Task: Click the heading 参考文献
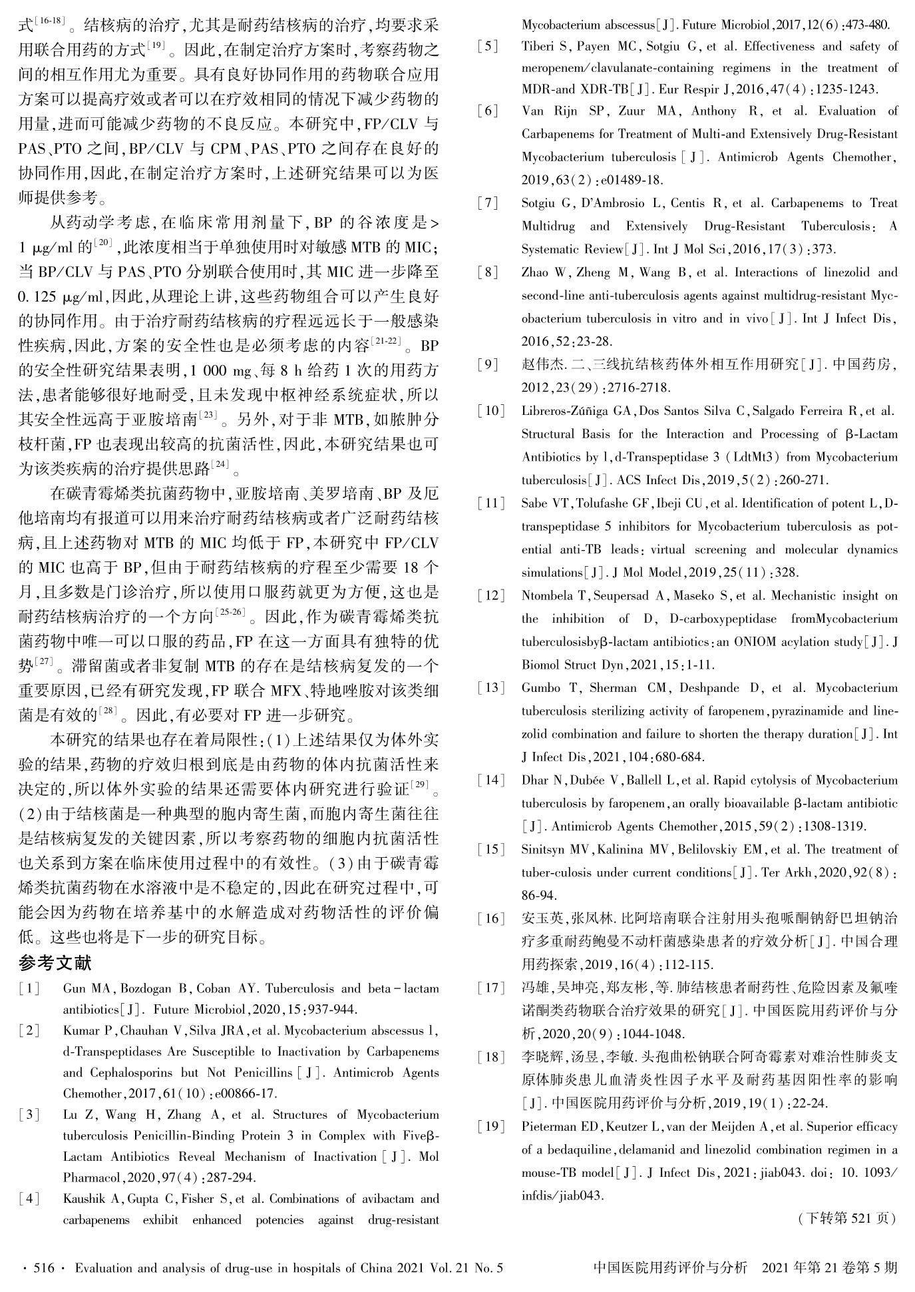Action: tap(55, 962)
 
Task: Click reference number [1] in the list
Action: tap(29, 988)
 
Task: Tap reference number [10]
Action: tap(490, 410)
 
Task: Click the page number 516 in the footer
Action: tap(43, 1267)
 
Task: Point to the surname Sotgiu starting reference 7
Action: tap(540, 203)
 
